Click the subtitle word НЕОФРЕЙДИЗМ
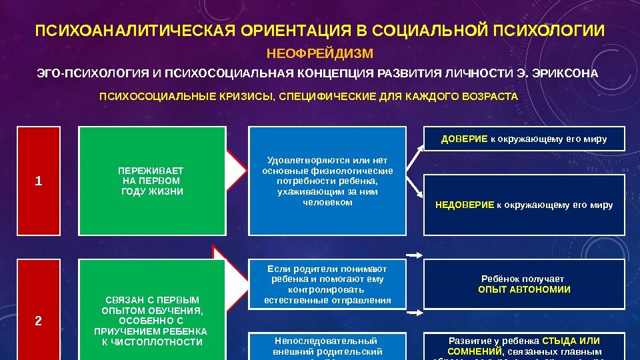click(x=319, y=53)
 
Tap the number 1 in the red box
click(x=38, y=181)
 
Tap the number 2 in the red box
click(x=38, y=321)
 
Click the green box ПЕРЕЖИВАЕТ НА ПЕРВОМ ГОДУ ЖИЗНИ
click(x=152, y=181)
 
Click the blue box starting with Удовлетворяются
click(x=327, y=181)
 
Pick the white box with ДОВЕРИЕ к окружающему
click(x=524, y=139)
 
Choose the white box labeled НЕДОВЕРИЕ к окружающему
click(x=524, y=205)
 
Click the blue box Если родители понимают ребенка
click(x=327, y=284)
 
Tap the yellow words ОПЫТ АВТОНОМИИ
click(x=524, y=290)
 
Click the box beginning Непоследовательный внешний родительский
click(x=327, y=346)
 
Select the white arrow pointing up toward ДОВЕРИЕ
click(x=414, y=158)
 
